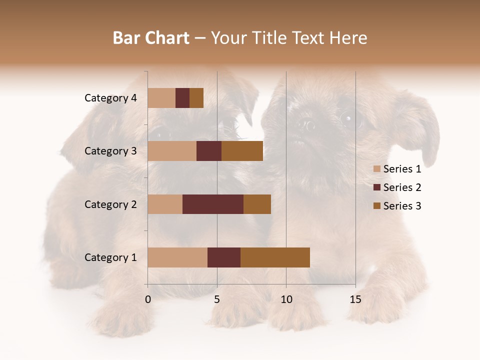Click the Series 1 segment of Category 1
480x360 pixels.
(177, 257)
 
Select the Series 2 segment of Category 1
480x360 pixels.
(224, 257)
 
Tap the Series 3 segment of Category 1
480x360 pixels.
(275, 257)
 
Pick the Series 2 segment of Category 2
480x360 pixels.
(213, 204)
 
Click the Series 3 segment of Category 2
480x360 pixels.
(257, 204)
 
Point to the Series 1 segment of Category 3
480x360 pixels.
(172, 151)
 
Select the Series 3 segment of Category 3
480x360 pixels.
(242, 151)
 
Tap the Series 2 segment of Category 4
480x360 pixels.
(182, 98)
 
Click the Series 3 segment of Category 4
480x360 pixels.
(196, 98)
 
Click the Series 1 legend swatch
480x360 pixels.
(376, 169)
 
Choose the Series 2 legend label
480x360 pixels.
(402, 187)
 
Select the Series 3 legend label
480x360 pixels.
(402, 206)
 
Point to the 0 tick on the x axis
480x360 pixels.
(148, 299)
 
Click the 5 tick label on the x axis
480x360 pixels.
(217, 299)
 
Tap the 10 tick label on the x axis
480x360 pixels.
(286, 299)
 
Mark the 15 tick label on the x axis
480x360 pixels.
(355, 299)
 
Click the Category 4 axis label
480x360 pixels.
(110, 98)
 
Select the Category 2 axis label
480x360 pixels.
(110, 204)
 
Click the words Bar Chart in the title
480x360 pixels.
(151, 38)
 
